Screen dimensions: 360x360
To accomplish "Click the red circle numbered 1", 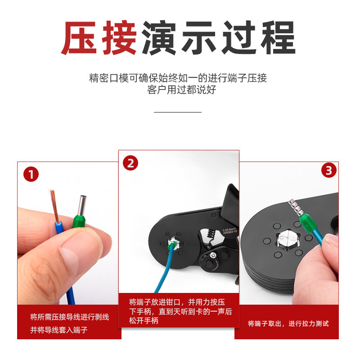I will (x=31, y=175).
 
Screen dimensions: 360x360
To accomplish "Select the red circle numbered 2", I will (x=130, y=163).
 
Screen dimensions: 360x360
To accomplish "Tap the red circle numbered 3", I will (x=328, y=171).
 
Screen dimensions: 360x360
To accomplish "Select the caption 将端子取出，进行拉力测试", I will (x=288, y=324).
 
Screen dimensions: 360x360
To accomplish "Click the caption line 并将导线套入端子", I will (x=58, y=330).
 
